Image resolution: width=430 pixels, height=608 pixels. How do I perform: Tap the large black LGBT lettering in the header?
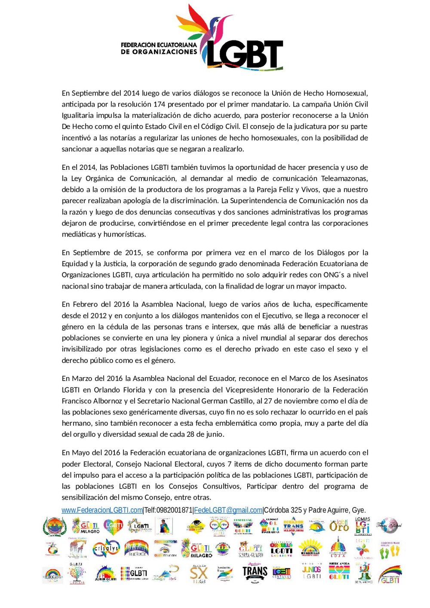point(245,55)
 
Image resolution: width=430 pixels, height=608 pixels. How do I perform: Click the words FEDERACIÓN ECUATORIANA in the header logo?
point(159,45)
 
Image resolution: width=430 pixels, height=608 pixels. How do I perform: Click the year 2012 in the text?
point(98,316)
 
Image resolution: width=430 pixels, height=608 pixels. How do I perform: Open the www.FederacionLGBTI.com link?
point(102,510)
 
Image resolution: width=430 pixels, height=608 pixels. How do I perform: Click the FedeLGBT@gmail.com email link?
point(228,510)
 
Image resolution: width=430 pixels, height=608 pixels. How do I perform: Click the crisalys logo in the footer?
point(106,548)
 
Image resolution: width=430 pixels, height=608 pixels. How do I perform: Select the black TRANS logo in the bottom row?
point(255,572)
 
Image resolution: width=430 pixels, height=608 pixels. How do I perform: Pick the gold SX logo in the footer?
point(198,574)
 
